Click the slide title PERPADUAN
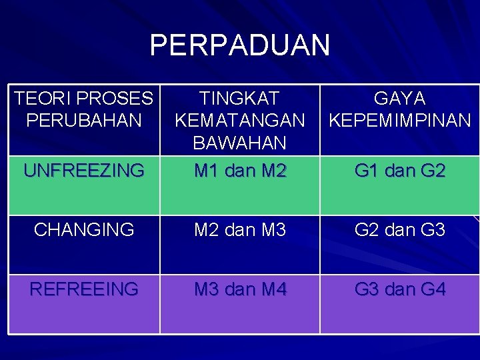coord(239,45)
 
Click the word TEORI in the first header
coord(43,99)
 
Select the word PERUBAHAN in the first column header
coord(83,121)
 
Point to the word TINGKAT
coord(239,99)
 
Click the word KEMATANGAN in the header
coord(239,121)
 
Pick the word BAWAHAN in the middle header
coord(239,143)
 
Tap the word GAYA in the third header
coord(399,99)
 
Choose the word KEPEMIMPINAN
coord(399,121)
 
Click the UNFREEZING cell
coord(83,171)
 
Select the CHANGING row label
coord(83,230)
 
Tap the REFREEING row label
coord(83,289)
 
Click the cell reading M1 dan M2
coord(239,171)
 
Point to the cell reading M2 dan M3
coord(239,230)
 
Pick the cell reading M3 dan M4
coord(239,289)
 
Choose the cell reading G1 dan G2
coord(399,171)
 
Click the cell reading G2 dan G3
coord(399,230)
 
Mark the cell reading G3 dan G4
coord(399,289)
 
